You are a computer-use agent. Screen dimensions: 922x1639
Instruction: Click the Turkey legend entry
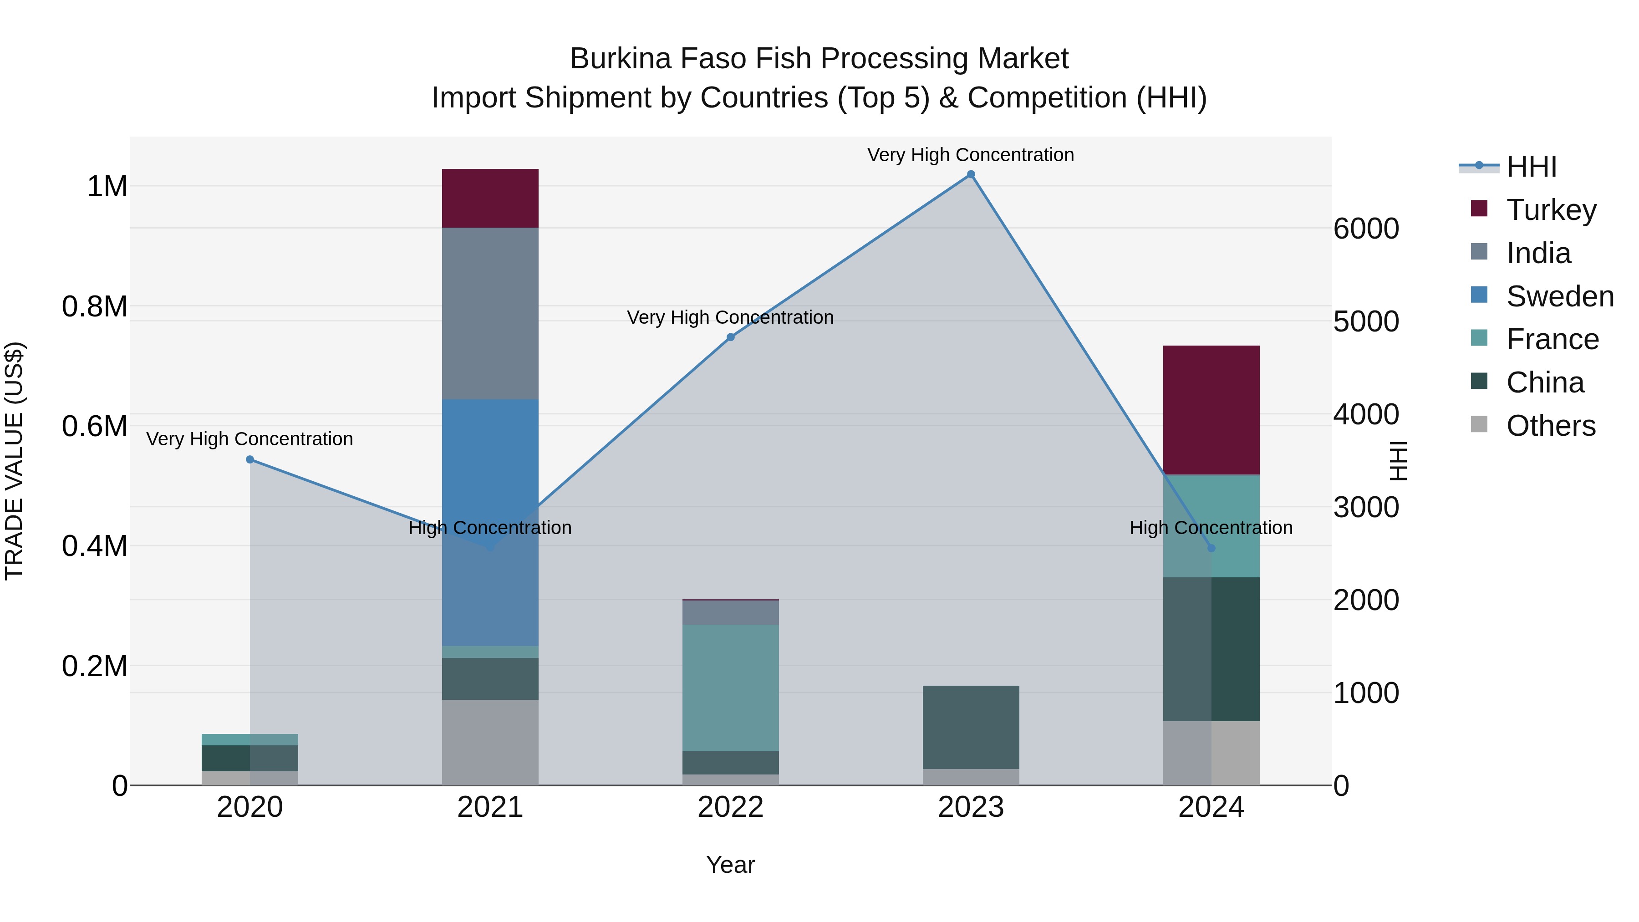[1551, 210]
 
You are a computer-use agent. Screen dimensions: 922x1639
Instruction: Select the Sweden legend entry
[1559, 296]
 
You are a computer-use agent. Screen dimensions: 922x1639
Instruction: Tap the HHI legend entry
[1531, 167]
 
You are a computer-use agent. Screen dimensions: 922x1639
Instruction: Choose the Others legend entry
[1550, 426]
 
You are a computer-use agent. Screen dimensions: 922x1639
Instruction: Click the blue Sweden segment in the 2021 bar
[490, 522]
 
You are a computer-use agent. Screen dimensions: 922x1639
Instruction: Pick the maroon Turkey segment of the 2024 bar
[1211, 410]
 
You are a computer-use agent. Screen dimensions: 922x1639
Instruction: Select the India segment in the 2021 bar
[490, 313]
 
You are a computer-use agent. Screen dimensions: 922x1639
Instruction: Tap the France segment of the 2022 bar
[730, 687]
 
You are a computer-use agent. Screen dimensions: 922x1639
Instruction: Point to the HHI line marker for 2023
[971, 174]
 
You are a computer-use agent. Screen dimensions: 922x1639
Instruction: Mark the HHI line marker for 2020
[250, 459]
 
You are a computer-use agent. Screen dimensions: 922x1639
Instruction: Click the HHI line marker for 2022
[730, 337]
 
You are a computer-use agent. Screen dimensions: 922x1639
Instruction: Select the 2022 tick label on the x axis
[730, 807]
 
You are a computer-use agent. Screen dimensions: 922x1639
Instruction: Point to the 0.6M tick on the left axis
[95, 426]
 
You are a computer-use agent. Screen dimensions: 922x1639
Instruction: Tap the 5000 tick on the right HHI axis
[1366, 321]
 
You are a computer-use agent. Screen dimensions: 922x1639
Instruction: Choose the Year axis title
[730, 865]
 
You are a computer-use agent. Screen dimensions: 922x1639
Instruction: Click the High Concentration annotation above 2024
[1211, 528]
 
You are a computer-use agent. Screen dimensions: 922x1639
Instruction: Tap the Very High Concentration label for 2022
[730, 317]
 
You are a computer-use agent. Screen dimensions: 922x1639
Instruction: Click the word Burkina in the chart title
[621, 59]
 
